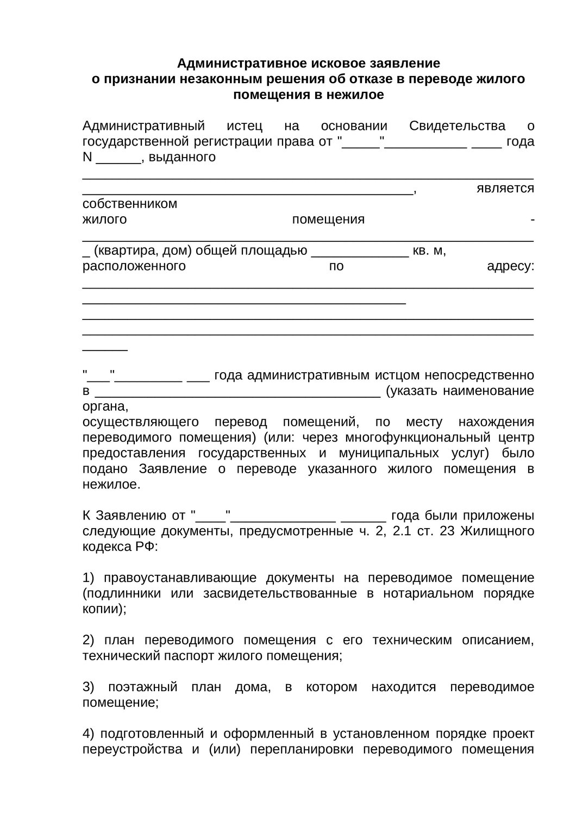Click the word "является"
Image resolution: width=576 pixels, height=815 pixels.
[x=505, y=189]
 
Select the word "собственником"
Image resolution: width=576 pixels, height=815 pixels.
[x=130, y=204]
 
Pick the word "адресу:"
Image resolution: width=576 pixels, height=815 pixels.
[x=510, y=267]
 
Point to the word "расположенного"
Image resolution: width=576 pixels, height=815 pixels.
[x=134, y=267]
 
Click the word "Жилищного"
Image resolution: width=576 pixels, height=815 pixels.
[x=497, y=531]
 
